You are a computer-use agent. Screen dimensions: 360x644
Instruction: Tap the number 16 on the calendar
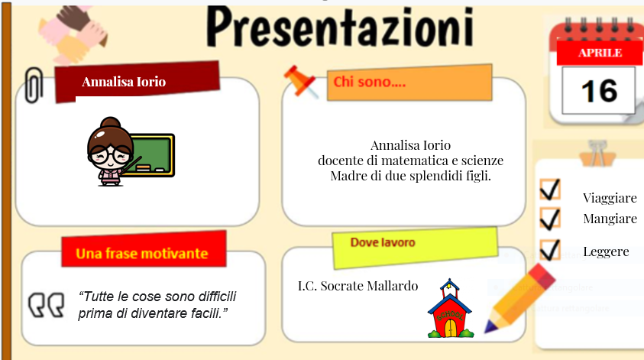pos(599,91)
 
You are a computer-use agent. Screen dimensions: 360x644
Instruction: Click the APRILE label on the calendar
pos(600,53)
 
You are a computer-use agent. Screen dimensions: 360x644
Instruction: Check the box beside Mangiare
pos(550,219)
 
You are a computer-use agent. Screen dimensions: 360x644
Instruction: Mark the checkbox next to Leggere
pos(550,249)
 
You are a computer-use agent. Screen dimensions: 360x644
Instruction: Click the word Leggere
pos(606,251)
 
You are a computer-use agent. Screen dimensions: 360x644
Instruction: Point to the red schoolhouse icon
pos(450,310)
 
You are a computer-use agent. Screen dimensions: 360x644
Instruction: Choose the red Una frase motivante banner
pos(141,252)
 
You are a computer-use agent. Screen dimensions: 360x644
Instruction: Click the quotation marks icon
pos(47,305)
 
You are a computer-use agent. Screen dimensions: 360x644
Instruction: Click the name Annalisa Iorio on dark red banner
pos(124,82)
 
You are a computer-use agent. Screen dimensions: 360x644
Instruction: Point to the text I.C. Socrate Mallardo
pos(358,286)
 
